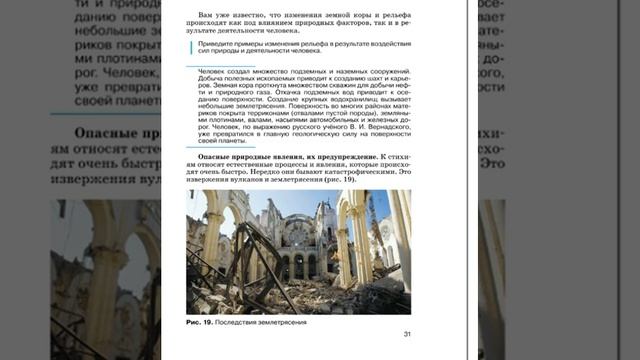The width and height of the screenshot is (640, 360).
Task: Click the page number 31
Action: (x=407, y=334)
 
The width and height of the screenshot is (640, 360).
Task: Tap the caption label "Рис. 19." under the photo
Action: (x=201, y=322)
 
